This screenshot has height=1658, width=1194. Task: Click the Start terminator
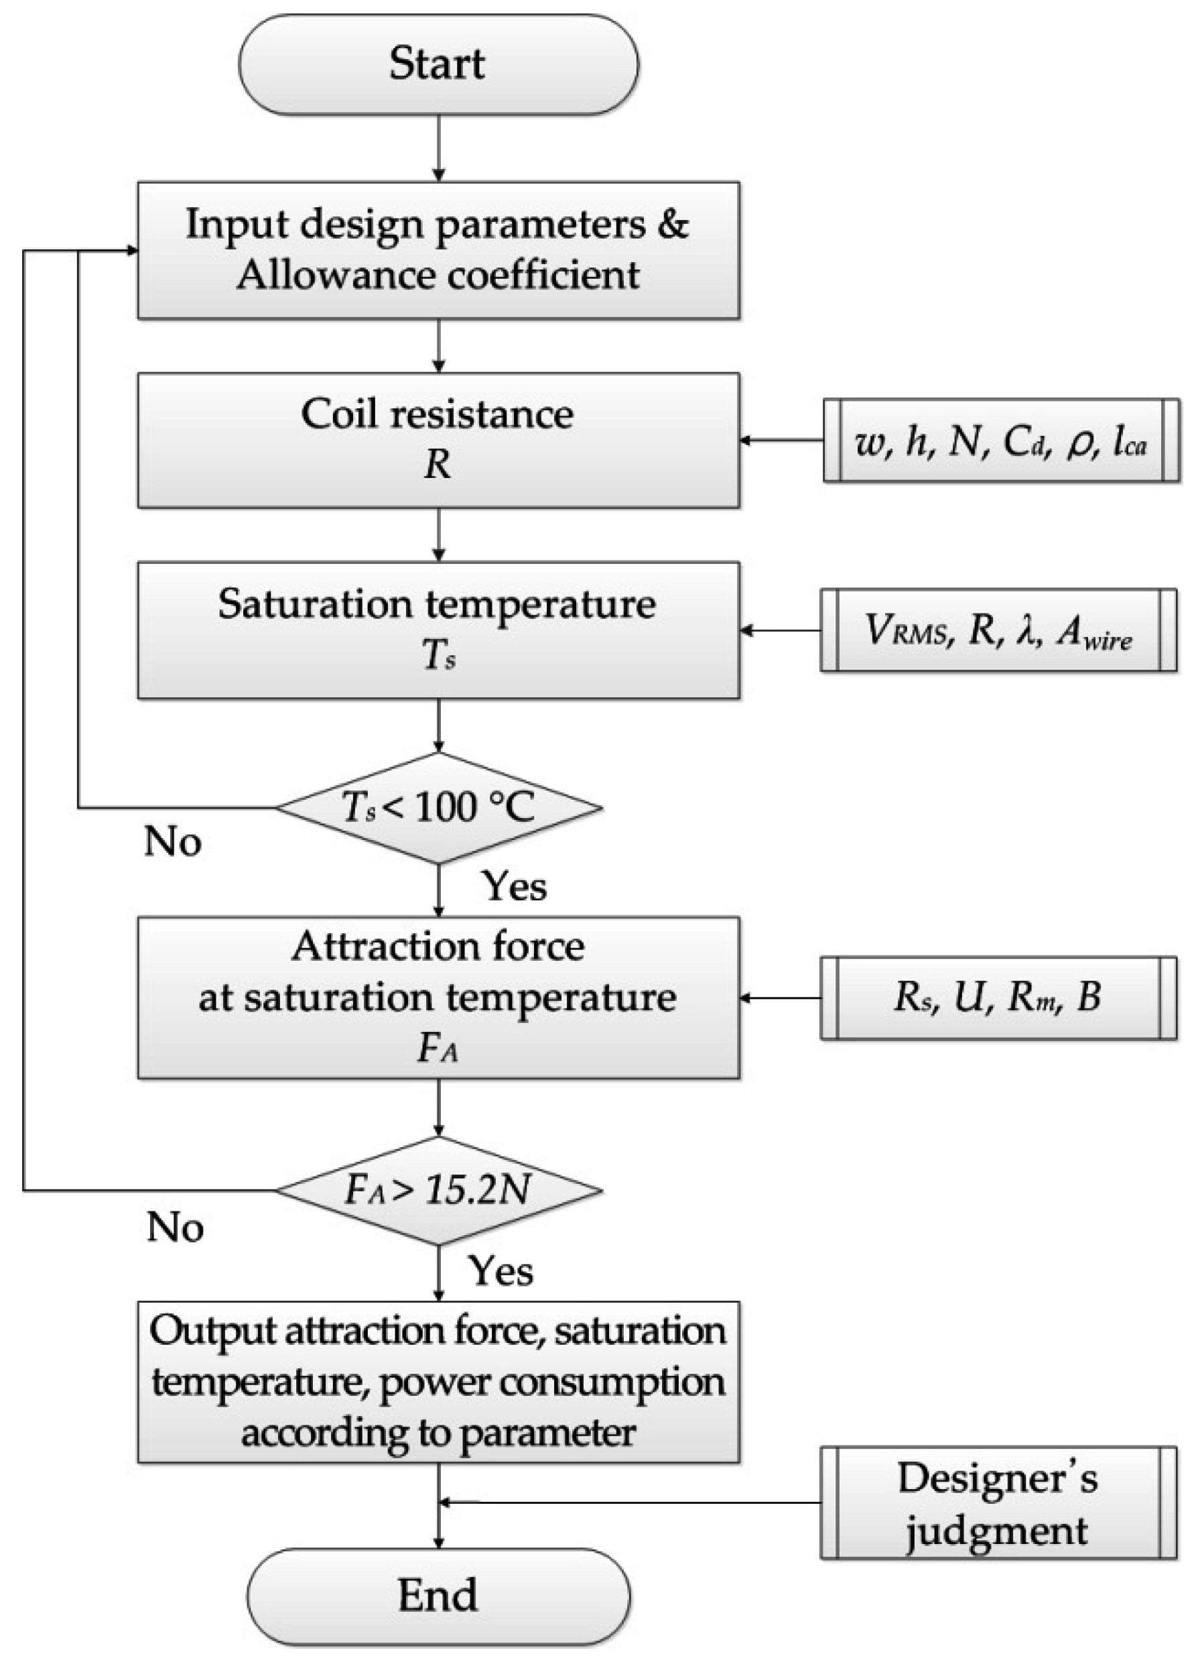pos(438,64)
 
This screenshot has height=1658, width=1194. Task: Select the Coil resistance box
pos(438,440)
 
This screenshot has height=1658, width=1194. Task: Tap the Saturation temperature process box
pos(438,630)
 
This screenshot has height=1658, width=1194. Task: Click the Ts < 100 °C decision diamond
pos(438,808)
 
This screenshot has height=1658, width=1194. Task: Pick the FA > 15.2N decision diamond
pos(438,1191)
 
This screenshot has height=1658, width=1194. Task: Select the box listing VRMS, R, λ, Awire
pos(998,630)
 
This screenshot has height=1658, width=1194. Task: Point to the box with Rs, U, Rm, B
pos(998,998)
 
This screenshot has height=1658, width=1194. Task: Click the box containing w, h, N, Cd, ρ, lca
pos(1000,440)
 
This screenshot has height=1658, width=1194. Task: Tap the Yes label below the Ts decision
pos(515,887)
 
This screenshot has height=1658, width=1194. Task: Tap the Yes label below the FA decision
pos(501,1270)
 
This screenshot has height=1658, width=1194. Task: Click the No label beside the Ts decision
pos(172,841)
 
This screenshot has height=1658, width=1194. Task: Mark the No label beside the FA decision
pos(175,1227)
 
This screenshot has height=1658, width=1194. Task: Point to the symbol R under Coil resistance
pos(438,464)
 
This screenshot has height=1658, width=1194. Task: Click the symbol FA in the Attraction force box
pos(438,1050)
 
